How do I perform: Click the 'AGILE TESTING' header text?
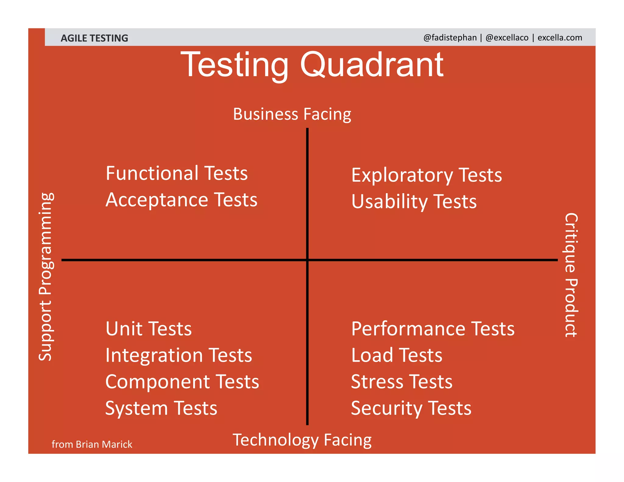94,38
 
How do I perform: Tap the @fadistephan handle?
450,37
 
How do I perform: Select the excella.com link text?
559,37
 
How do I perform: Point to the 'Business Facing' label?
292,114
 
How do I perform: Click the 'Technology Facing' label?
302,440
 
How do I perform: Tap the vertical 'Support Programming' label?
46,277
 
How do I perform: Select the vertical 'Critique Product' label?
571,275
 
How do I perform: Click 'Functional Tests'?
177,173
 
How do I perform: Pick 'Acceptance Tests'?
181,200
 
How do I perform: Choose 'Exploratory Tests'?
426,175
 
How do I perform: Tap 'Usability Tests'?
414,202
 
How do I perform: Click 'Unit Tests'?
149,329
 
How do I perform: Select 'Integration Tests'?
179,355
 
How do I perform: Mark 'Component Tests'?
182,382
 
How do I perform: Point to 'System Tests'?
161,408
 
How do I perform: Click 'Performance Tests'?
433,329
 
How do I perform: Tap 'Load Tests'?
396,355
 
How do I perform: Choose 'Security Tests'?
411,408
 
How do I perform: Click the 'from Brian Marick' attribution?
92,444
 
